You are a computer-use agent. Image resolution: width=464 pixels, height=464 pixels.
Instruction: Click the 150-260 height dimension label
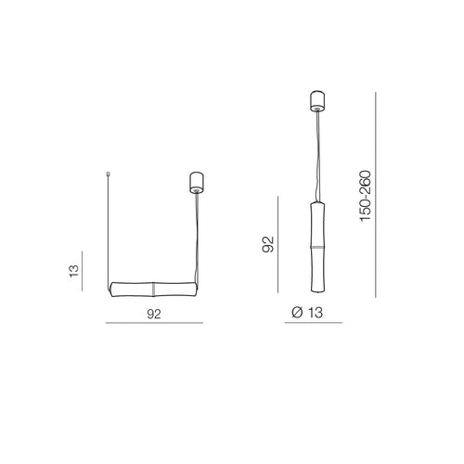[366, 196]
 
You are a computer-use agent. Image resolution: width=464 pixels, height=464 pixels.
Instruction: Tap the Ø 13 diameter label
[307, 313]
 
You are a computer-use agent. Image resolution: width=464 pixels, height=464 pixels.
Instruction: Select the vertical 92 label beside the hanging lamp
[268, 244]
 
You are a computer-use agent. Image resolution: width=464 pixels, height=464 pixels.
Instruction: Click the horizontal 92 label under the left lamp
[154, 314]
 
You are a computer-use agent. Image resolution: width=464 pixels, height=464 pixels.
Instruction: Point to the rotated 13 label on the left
[74, 271]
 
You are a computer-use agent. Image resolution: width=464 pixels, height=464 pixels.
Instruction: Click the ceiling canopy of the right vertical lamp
[317, 101]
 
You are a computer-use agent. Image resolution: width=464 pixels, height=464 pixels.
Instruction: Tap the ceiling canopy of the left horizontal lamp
[197, 183]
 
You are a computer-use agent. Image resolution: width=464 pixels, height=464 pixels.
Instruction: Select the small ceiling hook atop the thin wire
[108, 174]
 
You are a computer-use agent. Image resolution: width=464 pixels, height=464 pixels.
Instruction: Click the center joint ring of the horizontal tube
[153, 290]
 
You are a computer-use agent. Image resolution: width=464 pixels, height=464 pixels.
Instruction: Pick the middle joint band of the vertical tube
[317, 247]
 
